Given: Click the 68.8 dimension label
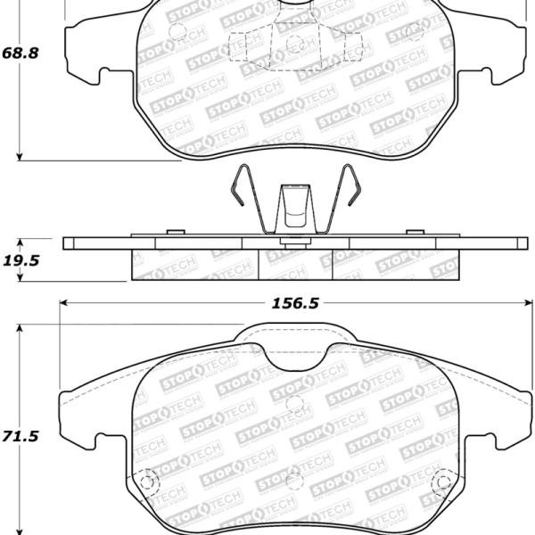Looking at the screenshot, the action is [x=21, y=53].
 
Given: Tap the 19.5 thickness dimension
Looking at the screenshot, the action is [x=21, y=260].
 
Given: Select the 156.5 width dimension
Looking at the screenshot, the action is [x=295, y=303].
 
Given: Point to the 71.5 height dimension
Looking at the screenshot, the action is [x=21, y=436].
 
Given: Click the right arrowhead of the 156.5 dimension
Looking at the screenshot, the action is [x=528, y=302].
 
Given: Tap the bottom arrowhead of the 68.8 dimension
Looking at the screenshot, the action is [x=20, y=156].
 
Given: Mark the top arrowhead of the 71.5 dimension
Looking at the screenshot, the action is [x=20, y=328].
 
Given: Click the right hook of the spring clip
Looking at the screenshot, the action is [x=352, y=186].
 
